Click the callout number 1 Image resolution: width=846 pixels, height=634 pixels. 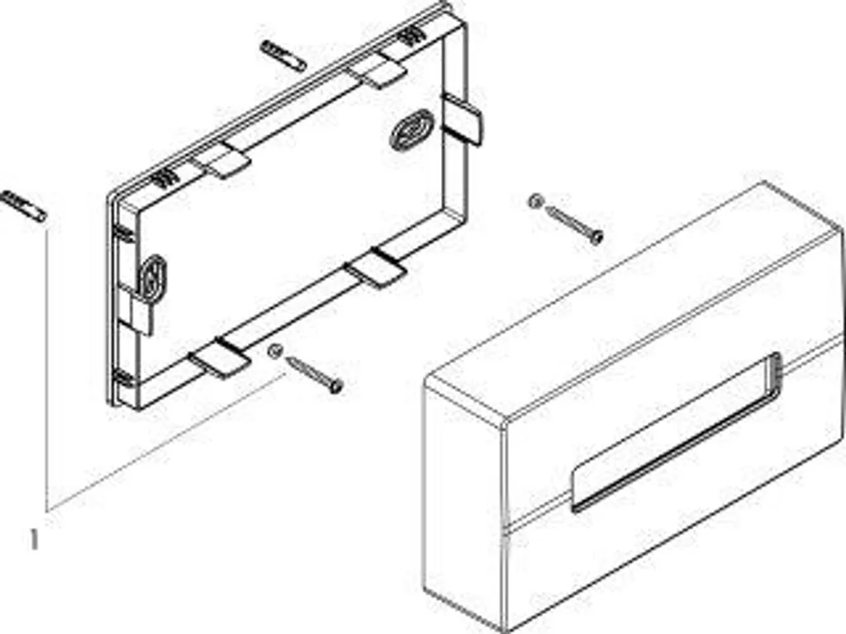(34, 540)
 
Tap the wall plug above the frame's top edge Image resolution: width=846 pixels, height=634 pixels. (283, 55)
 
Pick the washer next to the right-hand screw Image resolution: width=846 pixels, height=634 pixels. (535, 201)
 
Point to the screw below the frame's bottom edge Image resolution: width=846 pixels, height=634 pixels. (313, 372)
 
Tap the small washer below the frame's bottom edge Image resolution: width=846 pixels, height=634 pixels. (276, 351)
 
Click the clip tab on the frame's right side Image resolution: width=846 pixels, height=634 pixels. (462, 120)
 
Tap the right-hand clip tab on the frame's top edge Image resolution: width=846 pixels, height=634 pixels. (377, 73)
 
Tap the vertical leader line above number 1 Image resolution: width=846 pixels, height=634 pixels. (47, 363)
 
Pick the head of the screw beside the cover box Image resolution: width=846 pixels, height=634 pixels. (596, 239)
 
